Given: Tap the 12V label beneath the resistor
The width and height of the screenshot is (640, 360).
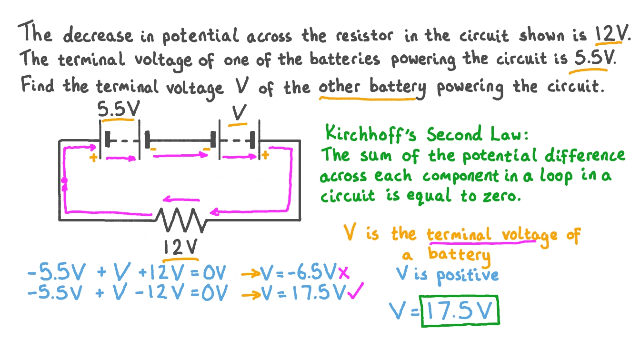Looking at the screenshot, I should (180, 247).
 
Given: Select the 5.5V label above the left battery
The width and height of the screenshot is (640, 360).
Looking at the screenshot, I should (119, 111).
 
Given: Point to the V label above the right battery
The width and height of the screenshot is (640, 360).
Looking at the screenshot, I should (239, 113).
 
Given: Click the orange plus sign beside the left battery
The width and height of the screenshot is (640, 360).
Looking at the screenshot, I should (93, 158).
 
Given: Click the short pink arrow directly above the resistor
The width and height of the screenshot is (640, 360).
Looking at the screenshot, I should (182, 200).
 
